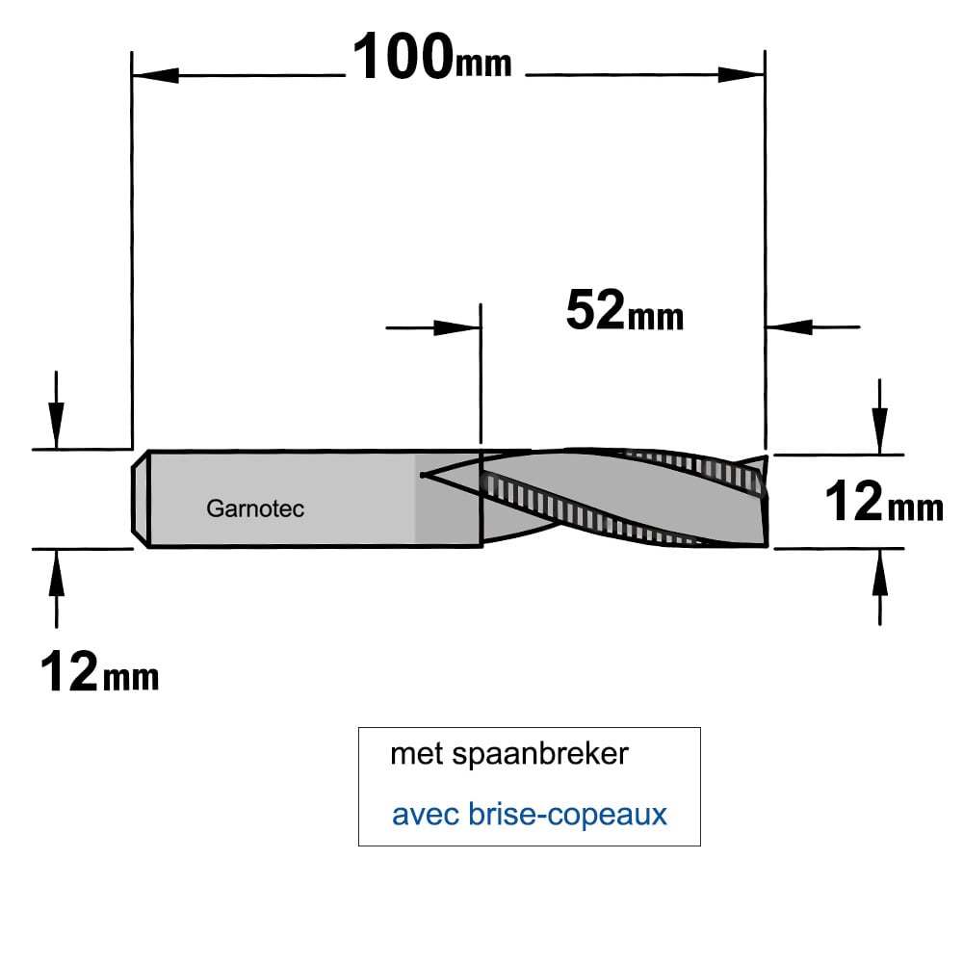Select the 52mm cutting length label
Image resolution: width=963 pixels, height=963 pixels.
(625, 311)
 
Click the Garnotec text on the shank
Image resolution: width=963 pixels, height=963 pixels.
(255, 508)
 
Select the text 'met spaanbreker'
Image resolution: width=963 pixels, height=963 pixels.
(509, 754)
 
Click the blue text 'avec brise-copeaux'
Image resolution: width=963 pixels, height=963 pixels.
(530, 815)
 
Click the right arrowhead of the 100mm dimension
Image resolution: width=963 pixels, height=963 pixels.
(742, 75)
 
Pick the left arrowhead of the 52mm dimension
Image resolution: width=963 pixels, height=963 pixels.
(456, 327)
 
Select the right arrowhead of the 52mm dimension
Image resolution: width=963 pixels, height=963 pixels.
(790, 326)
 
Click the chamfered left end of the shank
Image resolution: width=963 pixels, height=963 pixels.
(141, 498)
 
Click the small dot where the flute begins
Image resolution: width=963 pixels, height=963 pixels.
(423, 474)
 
